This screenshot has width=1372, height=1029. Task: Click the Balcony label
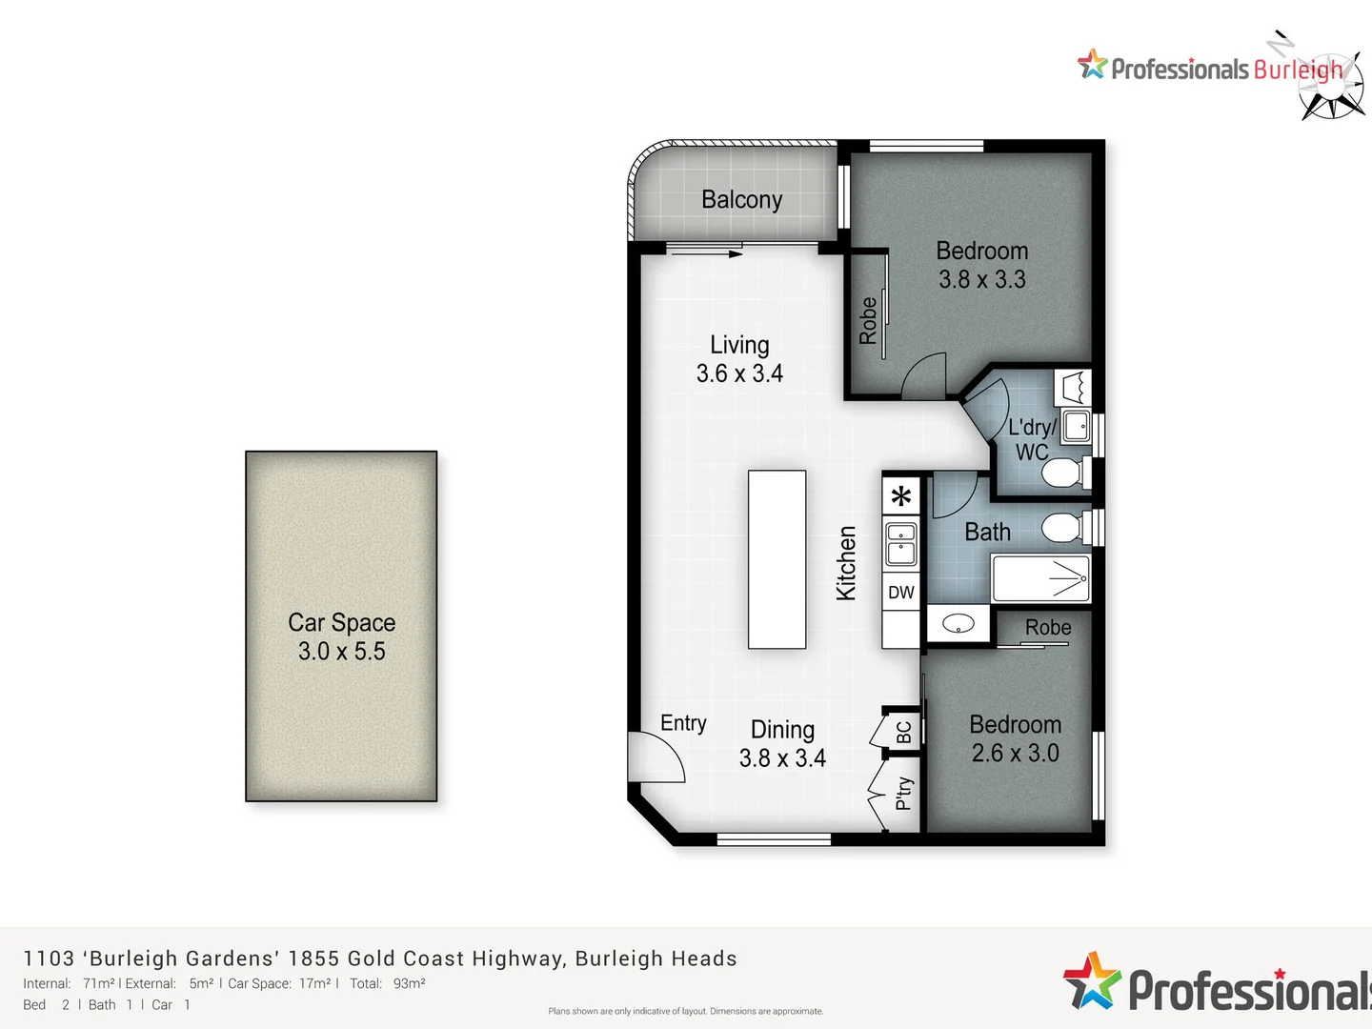pyautogui.click(x=741, y=199)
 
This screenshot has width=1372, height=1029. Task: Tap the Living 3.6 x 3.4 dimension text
pyautogui.click(x=739, y=373)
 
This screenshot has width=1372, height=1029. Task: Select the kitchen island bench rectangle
pyautogui.click(x=777, y=559)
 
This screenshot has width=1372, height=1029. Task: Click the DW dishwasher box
pyautogui.click(x=900, y=593)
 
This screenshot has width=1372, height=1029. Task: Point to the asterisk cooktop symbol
pyautogui.click(x=901, y=495)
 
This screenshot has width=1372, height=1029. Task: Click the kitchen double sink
pyautogui.click(x=901, y=543)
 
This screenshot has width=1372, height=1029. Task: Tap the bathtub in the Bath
pyautogui.click(x=1040, y=577)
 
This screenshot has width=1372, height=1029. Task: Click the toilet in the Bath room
pyautogui.click(x=1062, y=527)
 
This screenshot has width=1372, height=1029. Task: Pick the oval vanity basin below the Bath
pyautogui.click(x=958, y=624)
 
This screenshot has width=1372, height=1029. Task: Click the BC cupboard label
pyautogui.click(x=904, y=732)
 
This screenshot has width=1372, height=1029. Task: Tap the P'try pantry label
pyautogui.click(x=904, y=793)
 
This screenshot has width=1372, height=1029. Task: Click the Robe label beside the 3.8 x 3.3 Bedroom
pyautogui.click(x=868, y=320)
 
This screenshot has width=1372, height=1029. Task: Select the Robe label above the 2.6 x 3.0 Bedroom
pyautogui.click(x=1048, y=628)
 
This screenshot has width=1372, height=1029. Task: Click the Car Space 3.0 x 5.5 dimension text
pyautogui.click(x=341, y=652)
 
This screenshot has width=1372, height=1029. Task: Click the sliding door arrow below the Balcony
pyautogui.click(x=705, y=253)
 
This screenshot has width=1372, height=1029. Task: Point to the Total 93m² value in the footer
pyautogui.click(x=409, y=983)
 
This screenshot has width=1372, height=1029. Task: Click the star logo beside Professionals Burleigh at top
pyautogui.click(x=1092, y=65)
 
